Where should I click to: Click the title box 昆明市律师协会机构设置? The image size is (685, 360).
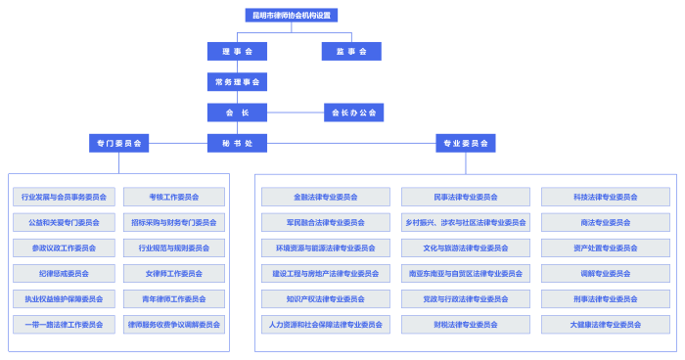[x=291, y=16]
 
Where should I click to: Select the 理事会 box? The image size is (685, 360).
[x=237, y=51]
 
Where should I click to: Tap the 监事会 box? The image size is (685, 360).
[x=351, y=51]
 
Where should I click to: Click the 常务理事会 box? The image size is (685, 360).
[x=237, y=82]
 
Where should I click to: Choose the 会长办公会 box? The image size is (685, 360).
[x=353, y=112]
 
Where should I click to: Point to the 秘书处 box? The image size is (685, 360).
[x=237, y=143]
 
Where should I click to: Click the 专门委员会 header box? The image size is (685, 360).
[x=118, y=143]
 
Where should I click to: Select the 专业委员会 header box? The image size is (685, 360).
[x=466, y=143]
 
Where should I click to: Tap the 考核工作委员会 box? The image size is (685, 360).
[x=174, y=197]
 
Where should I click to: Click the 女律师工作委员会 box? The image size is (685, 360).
[x=174, y=273]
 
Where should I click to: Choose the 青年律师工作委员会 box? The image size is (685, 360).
[x=174, y=298]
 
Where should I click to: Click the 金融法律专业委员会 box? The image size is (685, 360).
[x=326, y=197]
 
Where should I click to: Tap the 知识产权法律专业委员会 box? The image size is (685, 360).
[x=326, y=298]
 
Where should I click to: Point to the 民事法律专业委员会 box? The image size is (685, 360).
[x=466, y=197]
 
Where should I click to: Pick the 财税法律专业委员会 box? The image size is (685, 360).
[x=466, y=324]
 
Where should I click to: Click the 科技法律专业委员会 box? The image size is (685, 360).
[x=606, y=197]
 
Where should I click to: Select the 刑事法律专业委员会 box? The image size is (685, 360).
[x=606, y=298]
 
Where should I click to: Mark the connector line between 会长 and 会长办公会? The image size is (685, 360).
[x=295, y=112]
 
